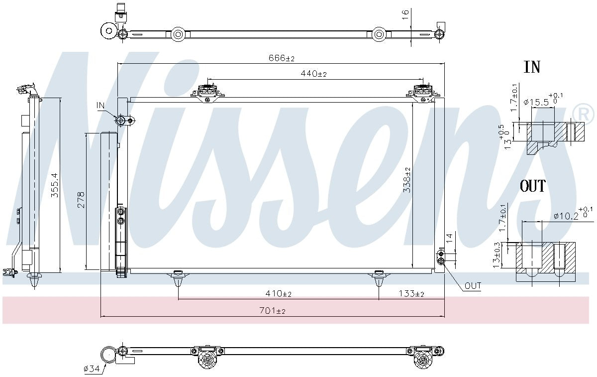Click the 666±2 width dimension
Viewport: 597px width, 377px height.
[282, 58]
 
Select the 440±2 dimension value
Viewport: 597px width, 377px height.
[313, 74]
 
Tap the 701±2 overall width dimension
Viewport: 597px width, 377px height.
[273, 311]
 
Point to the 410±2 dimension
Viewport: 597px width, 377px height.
[278, 294]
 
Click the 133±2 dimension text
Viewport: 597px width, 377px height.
[411, 294]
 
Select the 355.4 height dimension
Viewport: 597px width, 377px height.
[55, 185]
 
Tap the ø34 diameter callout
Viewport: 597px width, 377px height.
[92, 369]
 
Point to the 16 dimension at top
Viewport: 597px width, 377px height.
[405, 15]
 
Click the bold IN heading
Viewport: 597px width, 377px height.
[532, 67]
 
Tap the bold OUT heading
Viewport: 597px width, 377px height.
[533, 186]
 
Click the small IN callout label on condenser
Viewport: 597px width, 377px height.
[100, 105]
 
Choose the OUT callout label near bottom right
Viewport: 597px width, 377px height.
[473, 286]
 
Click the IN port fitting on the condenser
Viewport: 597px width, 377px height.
[120, 120]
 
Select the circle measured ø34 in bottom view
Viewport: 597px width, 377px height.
[108, 355]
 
